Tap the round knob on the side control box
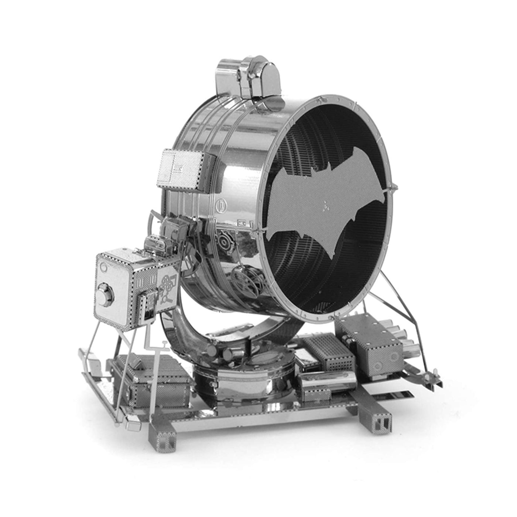pos(105,295)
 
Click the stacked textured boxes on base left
pos(155,384)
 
